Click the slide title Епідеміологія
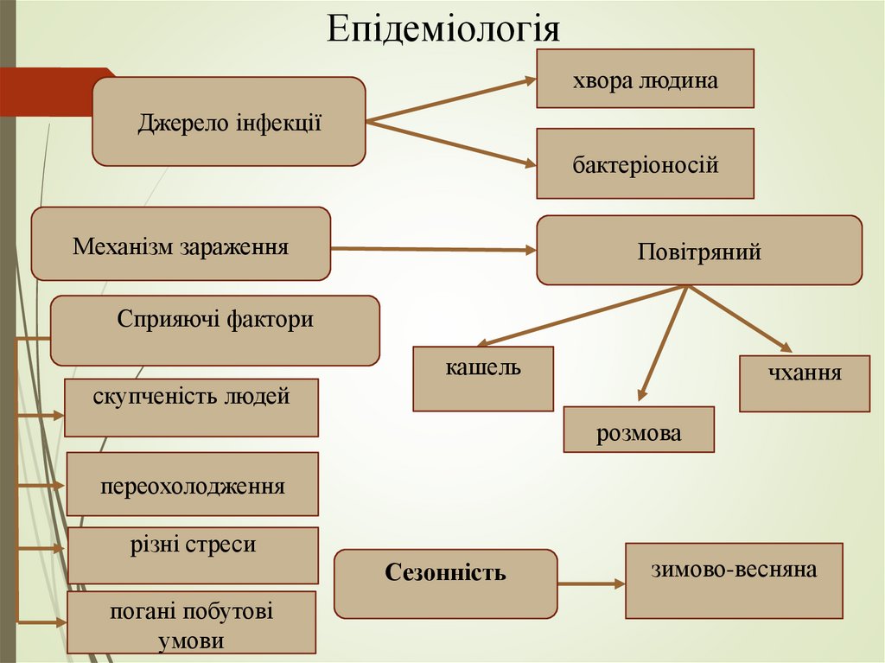click(x=443, y=28)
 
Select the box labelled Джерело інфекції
click(x=229, y=121)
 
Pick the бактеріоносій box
click(x=645, y=163)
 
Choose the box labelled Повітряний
click(x=698, y=251)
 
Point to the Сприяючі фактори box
click(x=215, y=330)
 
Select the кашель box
click(x=483, y=379)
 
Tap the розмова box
click(x=639, y=430)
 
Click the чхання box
click(x=804, y=383)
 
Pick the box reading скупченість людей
click(x=191, y=407)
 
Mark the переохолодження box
click(x=192, y=484)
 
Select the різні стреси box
click(x=193, y=555)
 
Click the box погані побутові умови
click(x=192, y=622)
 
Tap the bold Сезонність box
click(x=445, y=583)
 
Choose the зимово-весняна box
click(x=734, y=580)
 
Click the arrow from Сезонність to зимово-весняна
click(x=591, y=584)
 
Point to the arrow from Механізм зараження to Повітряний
click(x=432, y=250)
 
